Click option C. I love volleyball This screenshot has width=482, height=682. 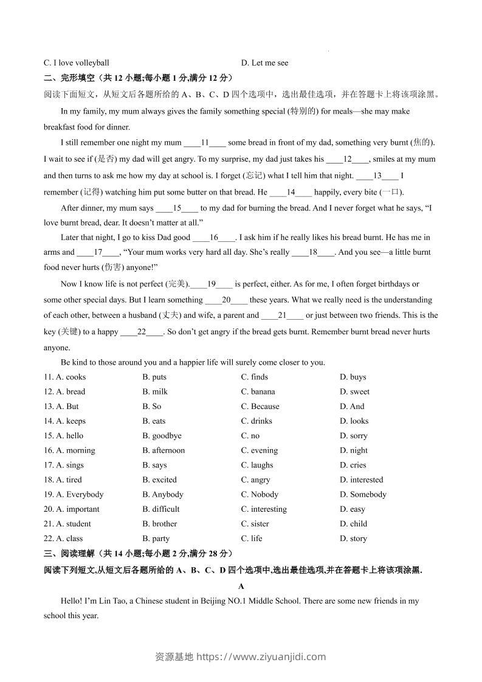coord(77,63)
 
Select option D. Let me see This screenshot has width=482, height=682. coord(264,63)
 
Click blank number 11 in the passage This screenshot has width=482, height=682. coord(205,143)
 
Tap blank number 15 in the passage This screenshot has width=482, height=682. coord(177,208)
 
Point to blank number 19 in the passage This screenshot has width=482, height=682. coord(212,284)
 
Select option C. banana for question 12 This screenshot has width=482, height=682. coord(258,391)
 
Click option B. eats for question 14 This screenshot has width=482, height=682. coord(154,421)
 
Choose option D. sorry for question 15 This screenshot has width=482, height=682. coord(353,436)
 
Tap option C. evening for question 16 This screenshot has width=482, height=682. coord(259,450)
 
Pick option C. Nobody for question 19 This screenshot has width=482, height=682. coord(260,494)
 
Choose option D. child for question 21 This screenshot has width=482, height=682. coord(353,523)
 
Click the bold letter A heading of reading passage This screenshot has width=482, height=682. coord(241,587)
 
